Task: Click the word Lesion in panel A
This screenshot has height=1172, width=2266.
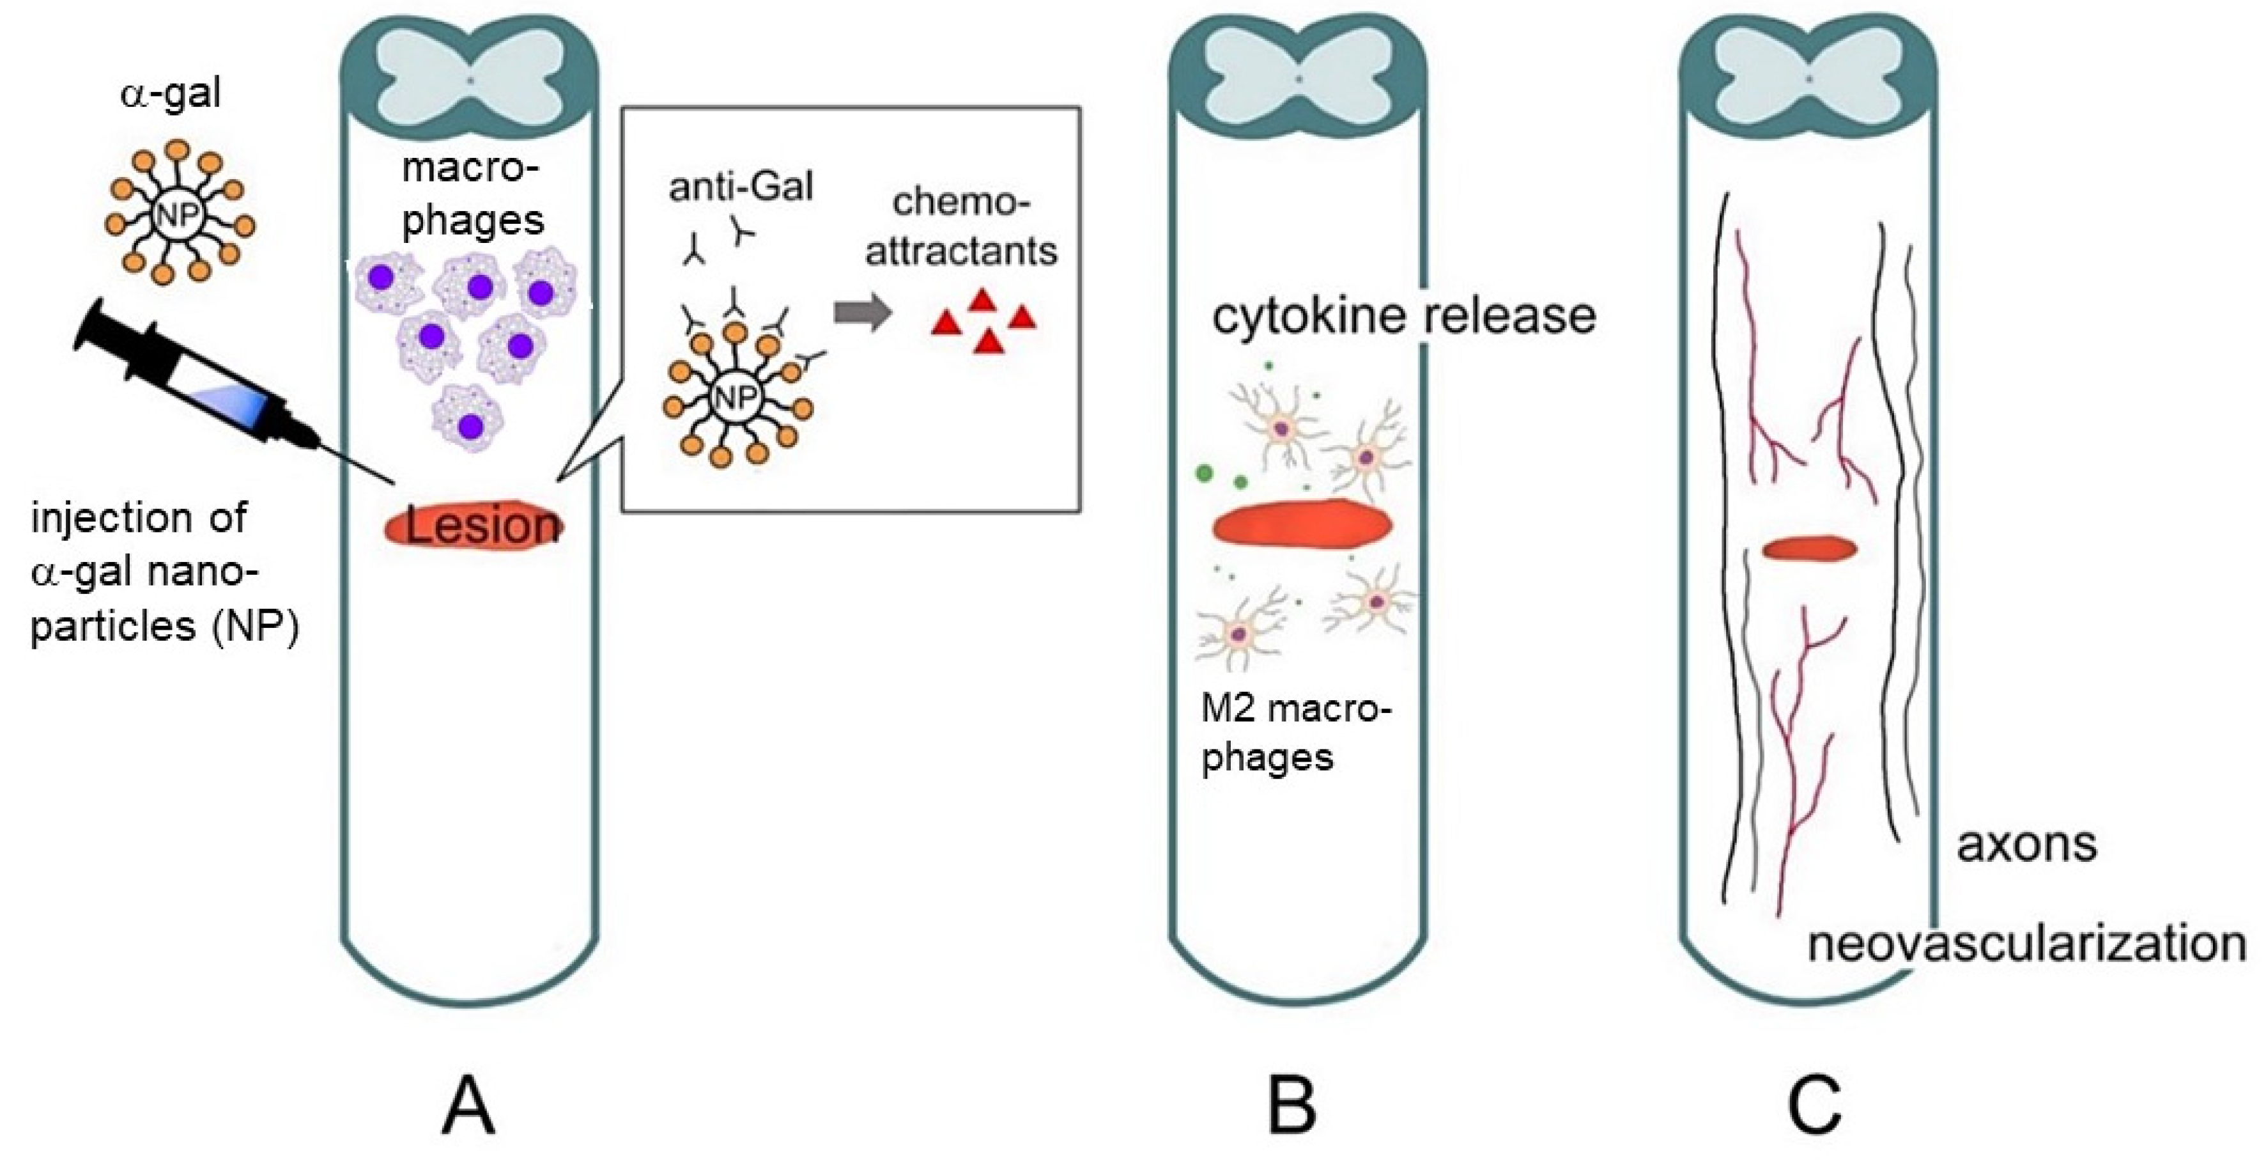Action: (x=481, y=526)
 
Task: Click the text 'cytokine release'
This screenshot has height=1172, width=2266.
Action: (x=1404, y=315)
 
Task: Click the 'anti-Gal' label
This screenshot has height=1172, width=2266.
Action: (x=741, y=187)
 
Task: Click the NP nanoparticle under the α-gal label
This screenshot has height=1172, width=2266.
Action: (x=178, y=213)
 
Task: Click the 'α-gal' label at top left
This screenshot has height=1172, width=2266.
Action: (x=171, y=93)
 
